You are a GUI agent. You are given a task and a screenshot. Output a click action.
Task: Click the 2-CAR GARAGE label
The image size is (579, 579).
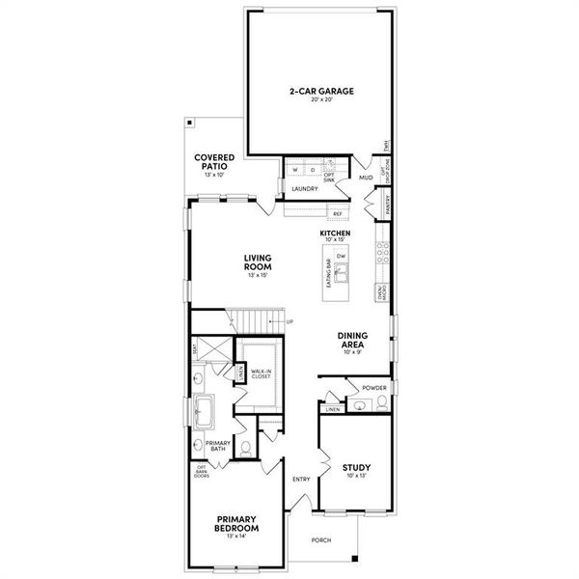point(321,92)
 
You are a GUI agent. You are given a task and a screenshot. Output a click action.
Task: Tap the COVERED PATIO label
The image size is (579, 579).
point(210,162)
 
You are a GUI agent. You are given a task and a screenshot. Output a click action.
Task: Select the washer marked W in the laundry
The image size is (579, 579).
point(295,171)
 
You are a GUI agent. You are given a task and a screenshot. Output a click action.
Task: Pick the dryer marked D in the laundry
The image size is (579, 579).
point(311,171)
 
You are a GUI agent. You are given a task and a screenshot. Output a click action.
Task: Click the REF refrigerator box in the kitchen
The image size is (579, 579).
point(338,213)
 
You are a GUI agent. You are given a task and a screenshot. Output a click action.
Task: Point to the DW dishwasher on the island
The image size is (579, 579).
point(341,256)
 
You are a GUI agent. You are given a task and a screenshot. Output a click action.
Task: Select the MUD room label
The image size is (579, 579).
point(366,179)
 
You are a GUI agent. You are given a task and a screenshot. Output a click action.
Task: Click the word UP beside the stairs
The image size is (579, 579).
point(289,321)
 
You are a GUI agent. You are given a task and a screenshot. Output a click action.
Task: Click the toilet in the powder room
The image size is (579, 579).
point(382,405)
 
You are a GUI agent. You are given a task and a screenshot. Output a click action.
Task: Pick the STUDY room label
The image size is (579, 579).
point(356,468)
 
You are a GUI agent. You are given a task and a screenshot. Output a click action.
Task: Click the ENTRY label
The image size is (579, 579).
point(300,479)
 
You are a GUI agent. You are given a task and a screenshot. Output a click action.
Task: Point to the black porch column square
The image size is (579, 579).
point(356,558)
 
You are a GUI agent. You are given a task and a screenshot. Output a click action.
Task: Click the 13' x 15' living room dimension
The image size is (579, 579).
point(256,276)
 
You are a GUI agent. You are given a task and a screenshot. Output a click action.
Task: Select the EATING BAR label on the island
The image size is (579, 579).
point(329,274)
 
